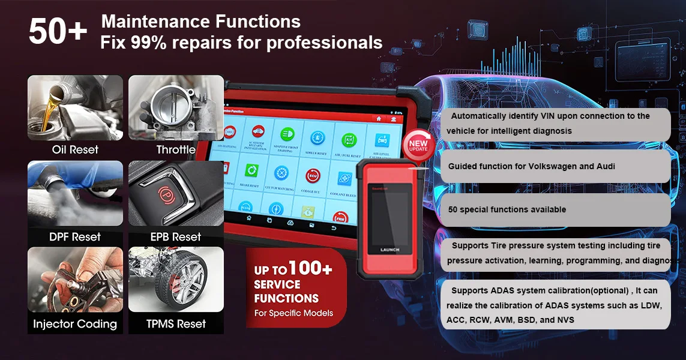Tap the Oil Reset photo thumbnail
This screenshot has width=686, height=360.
click(75, 108)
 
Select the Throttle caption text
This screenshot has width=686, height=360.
click(176, 150)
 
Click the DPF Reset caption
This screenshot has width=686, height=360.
click(75, 237)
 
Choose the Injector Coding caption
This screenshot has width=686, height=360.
click(75, 324)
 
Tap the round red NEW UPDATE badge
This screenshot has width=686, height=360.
click(418, 146)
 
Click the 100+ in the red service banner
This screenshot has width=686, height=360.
click(310, 269)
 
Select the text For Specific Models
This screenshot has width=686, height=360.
click(293, 313)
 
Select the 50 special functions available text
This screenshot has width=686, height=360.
click(507, 210)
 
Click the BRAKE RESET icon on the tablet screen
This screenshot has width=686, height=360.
click(251, 173)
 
